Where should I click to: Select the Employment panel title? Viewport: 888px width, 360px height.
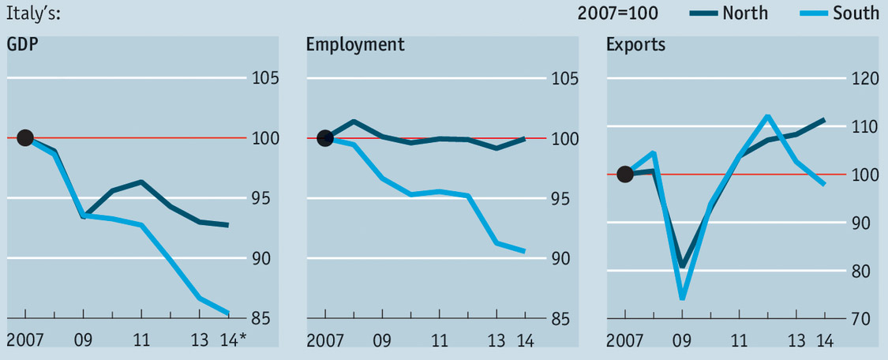tap(355, 44)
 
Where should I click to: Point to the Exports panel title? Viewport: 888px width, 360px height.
tap(635, 44)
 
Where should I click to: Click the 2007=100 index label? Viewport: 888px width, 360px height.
tap(618, 13)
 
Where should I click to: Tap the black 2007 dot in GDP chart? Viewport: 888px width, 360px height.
tap(24, 138)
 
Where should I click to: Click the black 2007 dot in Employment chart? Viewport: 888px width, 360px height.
tap(325, 138)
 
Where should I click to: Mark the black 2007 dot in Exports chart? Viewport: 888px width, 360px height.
tap(625, 174)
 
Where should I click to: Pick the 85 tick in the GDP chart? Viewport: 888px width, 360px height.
tap(260, 319)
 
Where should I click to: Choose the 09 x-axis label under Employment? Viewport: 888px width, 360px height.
tap(382, 341)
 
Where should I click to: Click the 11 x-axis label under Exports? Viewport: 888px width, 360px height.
tap(739, 341)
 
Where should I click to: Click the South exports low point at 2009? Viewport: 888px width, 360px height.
tap(682, 298)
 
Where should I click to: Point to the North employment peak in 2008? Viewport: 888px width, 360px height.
tap(354, 122)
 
